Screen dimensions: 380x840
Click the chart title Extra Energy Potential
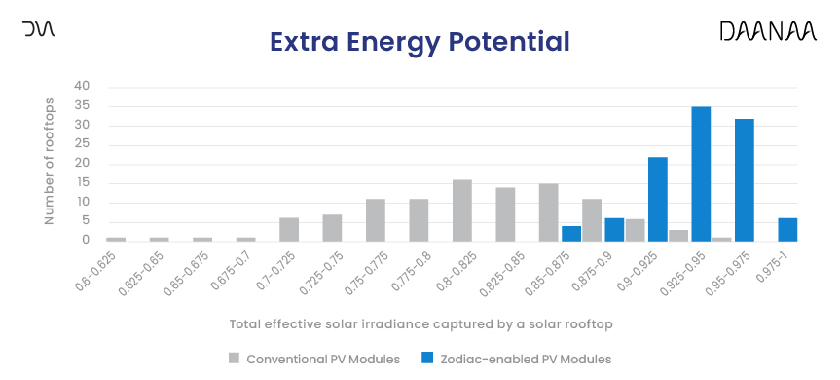click(419, 42)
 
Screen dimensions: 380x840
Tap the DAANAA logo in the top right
click(767, 32)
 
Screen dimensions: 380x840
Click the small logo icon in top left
click(39, 30)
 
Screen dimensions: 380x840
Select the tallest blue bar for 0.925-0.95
click(701, 173)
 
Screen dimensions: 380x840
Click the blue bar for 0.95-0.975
click(745, 179)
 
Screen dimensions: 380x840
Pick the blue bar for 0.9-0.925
click(658, 199)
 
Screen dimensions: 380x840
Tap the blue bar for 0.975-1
click(787, 229)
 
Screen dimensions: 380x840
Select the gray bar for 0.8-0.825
click(462, 209)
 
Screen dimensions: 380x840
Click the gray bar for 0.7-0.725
click(289, 229)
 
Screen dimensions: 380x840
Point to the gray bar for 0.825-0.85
click(505, 213)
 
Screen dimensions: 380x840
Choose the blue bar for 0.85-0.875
click(571, 233)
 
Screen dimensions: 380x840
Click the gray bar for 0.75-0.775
click(376, 219)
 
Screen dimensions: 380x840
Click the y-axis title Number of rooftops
click(50, 163)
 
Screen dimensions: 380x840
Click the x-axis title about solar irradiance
click(420, 323)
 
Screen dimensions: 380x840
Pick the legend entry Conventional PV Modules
click(313, 359)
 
